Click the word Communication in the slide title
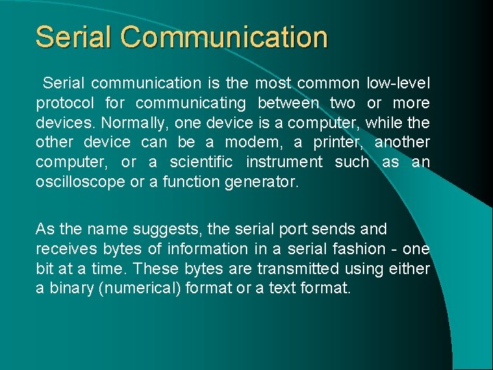pos(225,37)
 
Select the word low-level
pos(399,84)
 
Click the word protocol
pos(65,103)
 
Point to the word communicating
pos(190,103)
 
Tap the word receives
pos(64,248)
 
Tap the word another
pos(403,143)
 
